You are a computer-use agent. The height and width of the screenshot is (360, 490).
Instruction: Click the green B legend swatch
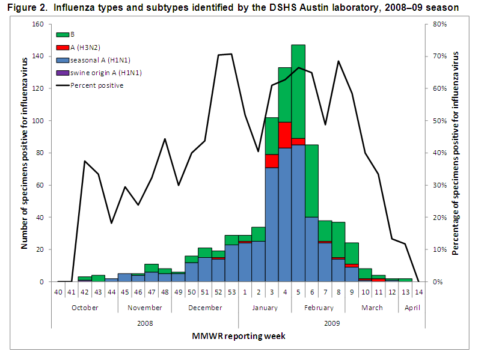tap(62, 35)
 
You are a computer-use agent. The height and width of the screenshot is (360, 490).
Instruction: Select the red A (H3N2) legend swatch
tap(62, 47)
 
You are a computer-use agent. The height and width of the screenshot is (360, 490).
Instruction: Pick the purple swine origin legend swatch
tap(62, 72)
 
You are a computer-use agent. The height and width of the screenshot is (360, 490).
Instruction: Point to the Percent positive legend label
tap(97, 85)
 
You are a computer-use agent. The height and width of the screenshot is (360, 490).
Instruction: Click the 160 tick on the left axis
tap(39, 25)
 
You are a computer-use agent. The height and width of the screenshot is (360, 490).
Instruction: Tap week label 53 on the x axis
tap(231, 291)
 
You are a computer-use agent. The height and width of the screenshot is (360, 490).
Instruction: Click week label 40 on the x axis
tap(58, 291)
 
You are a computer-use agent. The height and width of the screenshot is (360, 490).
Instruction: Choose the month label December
tap(205, 307)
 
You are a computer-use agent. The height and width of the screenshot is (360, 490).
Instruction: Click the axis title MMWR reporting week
tap(239, 336)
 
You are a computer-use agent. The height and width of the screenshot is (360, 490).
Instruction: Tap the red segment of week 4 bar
tap(285, 135)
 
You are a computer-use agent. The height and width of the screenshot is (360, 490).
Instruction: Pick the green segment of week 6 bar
tap(311, 180)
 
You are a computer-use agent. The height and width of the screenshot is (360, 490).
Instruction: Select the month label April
tap(412, 307)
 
